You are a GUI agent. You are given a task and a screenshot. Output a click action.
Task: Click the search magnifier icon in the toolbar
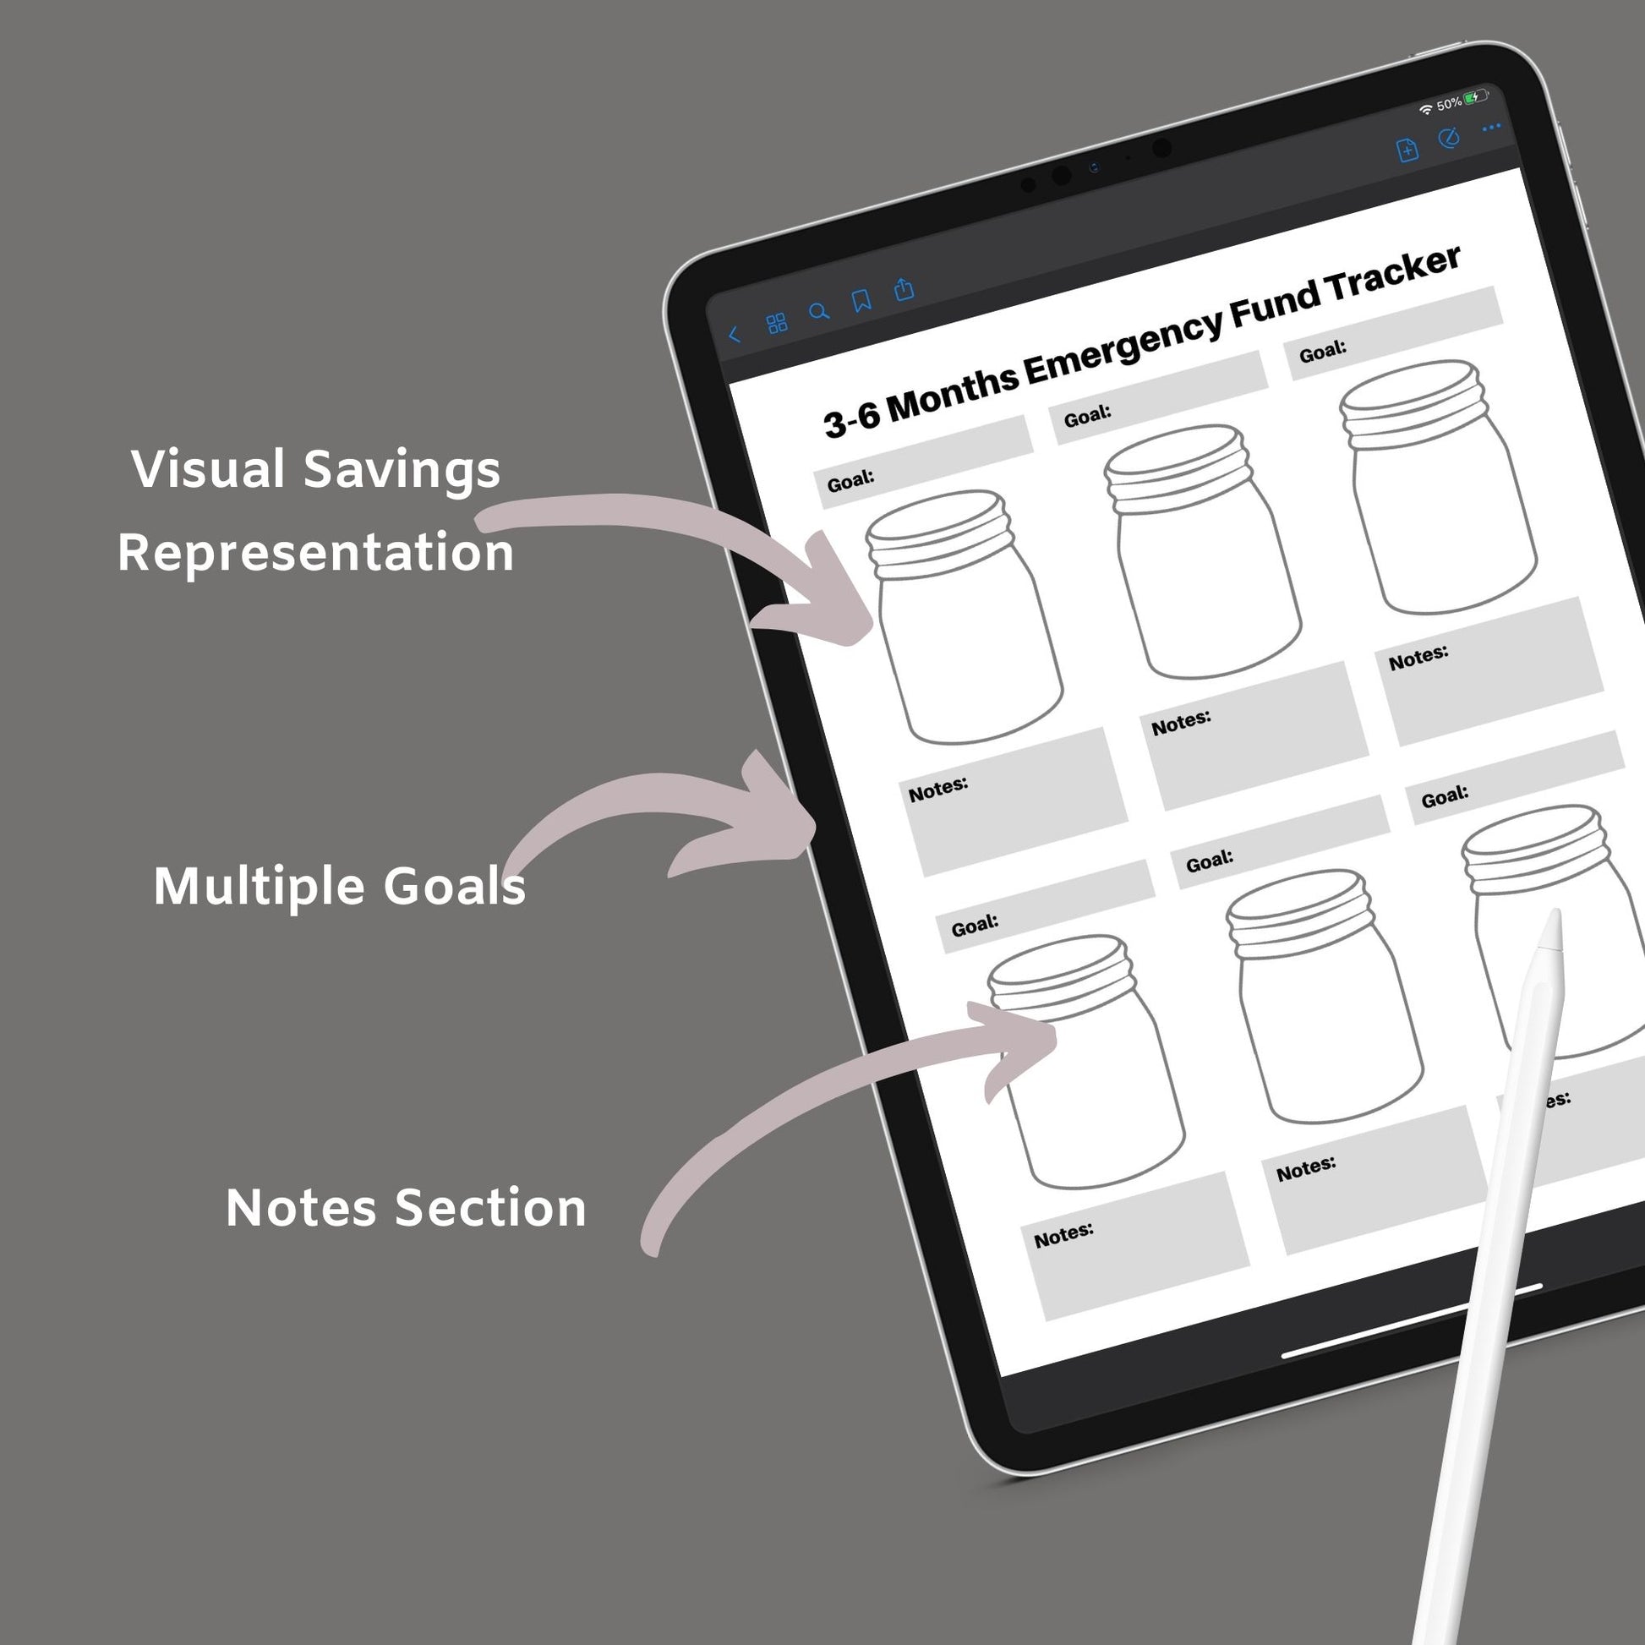pos(819,312)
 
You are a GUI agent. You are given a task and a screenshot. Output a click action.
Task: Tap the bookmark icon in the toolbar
pos(861,301)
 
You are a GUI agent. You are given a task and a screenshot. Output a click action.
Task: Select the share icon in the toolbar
pos(904,288)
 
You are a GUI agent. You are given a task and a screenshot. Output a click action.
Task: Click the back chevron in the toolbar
pos(734,335)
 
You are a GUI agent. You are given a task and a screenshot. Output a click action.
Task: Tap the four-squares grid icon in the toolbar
pos(777,324)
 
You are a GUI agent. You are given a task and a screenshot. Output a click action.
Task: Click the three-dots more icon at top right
pos(1492,128)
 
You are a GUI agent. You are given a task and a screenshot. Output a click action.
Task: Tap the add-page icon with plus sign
pos(1407,150)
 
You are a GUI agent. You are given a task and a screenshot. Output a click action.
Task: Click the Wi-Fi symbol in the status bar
pos(1425,110)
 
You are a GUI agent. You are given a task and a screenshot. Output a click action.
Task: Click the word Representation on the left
pos(316,552)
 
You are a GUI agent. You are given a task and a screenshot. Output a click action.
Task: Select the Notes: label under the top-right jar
pos(1418,658)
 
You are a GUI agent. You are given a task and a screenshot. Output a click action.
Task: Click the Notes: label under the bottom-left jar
pos(1063,1235)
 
